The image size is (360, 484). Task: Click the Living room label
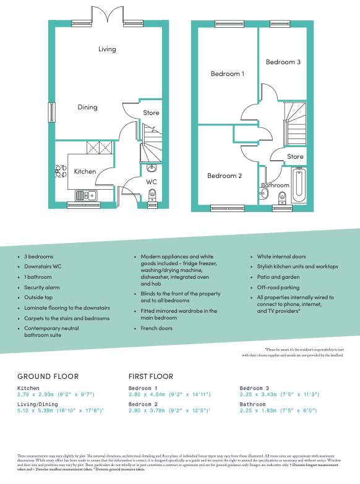click(107, 49)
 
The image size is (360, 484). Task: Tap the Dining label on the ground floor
click(87, 107)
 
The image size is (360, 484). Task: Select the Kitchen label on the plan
click(85, 171)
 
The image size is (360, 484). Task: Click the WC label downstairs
click(152, 182)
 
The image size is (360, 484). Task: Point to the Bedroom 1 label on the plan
click(227, 74)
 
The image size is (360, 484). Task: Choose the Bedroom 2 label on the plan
click(224, 176)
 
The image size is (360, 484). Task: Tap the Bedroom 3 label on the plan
click(283, 62)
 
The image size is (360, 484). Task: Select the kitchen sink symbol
click(84, 195)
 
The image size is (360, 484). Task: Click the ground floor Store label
click(151, 113)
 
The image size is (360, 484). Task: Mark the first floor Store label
click(295, 157)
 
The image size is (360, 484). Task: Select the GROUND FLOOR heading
click(48, 376)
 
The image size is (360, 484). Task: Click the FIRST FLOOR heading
click(151, 376)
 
